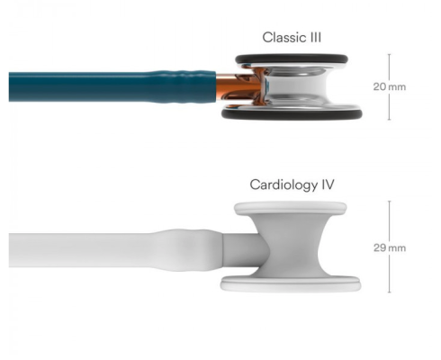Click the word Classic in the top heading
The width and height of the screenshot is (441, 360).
point(281,38)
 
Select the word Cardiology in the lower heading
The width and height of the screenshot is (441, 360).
point(283,184)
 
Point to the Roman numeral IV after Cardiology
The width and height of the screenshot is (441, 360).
point(328,184)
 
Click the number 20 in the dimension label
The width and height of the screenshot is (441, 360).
point(380,86)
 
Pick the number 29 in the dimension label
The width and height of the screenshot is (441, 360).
point(380,247)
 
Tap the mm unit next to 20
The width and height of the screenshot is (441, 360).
point(397,87)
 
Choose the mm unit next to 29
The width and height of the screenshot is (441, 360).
point(397,248)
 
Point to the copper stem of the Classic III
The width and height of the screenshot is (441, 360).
point(228,87)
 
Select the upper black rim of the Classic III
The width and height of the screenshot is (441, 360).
point(292,58)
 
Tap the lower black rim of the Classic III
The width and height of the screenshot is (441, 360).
point(292,114)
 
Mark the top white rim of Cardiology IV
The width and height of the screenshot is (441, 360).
point(291,208)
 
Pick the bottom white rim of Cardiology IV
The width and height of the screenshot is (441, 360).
point(291,283)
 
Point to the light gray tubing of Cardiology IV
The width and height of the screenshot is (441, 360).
point(115,250)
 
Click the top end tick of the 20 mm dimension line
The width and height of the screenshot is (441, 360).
point(390,54)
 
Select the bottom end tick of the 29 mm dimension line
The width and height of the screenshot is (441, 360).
point(390,292)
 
